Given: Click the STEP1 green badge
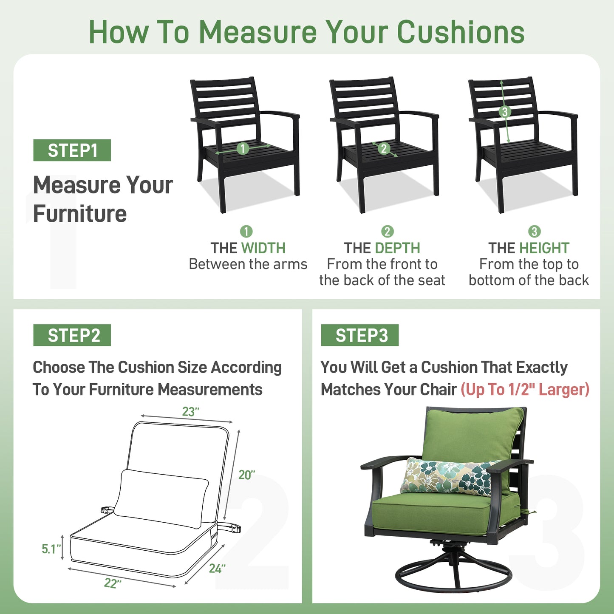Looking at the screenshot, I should click(72, 150).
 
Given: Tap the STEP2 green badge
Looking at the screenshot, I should click(72, 335).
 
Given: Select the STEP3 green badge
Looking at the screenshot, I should click(359, 335).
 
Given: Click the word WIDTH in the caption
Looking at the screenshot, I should click(263, 248).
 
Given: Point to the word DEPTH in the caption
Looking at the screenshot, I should click(398, 248).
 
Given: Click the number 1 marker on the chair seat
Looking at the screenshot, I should click(243, 148).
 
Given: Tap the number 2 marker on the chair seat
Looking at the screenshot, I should click(384, 148).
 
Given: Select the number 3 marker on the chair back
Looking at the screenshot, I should click(504, 112).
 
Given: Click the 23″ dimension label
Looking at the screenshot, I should click(190, 411).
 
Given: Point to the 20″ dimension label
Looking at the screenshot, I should click(246, 475).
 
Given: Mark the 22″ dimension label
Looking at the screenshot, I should click(113, 583).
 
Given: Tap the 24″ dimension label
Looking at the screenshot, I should click(217, 569).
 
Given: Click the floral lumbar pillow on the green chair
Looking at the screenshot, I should click(448, 476).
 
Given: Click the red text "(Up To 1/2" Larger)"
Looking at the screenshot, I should click(525, 389).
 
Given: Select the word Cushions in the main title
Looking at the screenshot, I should click(461, 32).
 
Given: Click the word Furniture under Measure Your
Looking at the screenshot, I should click(80, 214).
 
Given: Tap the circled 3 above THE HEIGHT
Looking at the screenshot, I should click(534, 232).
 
